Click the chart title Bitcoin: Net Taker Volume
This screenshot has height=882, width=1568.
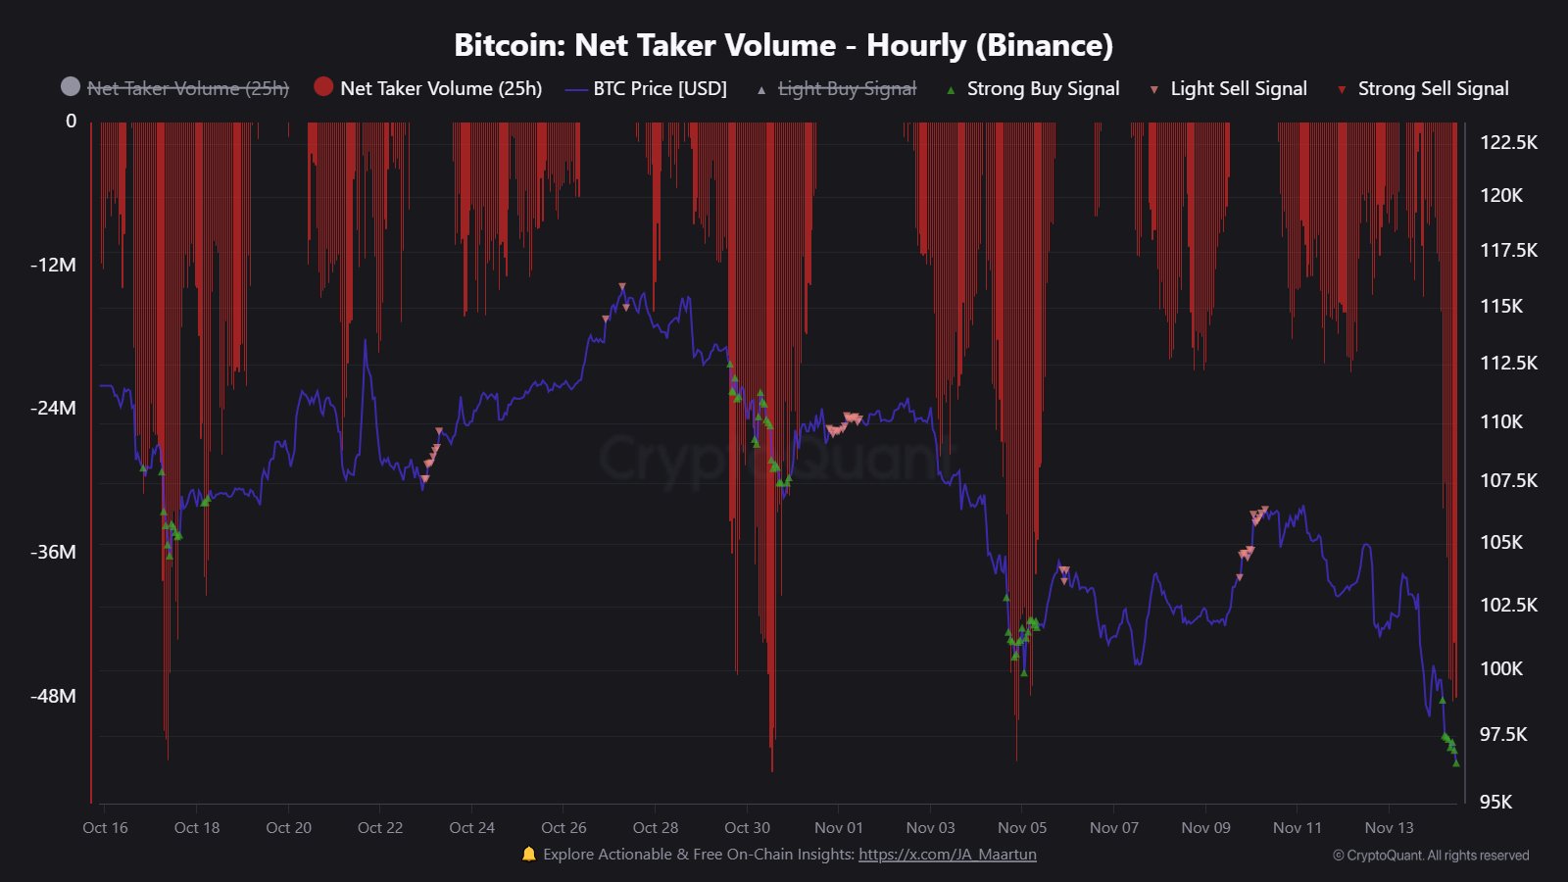[783, 45]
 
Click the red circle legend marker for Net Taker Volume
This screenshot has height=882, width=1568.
[323, 87]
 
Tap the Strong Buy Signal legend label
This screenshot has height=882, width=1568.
[1043, 88]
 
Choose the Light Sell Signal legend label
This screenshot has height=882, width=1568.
[1239, 88]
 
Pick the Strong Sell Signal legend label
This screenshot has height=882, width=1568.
[1433, 88]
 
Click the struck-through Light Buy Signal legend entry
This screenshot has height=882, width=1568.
[847, 88]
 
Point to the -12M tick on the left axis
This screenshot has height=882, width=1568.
[53, 265]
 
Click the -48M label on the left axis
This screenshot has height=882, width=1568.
[53, 696]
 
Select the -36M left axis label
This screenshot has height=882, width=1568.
[53, 552]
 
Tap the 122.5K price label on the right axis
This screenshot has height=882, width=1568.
[1508, 142]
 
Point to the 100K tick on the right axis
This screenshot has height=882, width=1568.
[1501, 668]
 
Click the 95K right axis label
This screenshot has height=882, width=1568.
[1495, 802]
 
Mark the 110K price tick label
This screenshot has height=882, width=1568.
[1501, 421]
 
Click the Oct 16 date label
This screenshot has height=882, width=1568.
[105, 827]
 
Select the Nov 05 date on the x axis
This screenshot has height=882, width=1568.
[1022, 827]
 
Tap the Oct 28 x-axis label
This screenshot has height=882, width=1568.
[656, 827]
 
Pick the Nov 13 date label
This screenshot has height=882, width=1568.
[1389, 827]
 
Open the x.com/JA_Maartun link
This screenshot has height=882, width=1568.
[947, 855]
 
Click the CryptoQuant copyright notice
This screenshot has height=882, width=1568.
[1431, 856]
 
